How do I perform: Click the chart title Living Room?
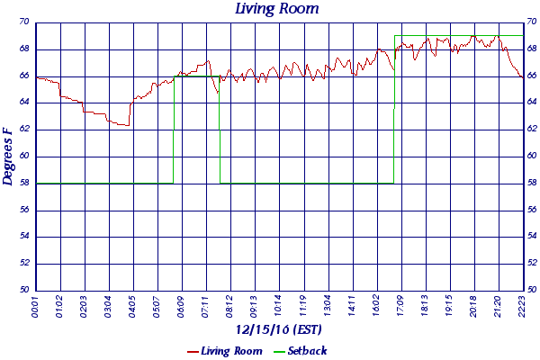[x=276, y=9]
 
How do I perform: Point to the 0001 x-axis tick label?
[x=37, y=307]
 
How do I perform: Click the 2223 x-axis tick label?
[x=523, y=307]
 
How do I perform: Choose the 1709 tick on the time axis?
[x=401, y=307]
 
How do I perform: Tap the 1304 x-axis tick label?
[x=328, y=307]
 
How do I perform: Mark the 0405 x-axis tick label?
[x=134, y=307]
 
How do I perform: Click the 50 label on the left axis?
[x=24, y=290]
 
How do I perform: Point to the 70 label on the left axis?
[x=24, y=22]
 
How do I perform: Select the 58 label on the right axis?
[x=532, y=183]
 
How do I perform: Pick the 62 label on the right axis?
[x=532, y=129]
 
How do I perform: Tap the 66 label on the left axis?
[x=24, y=76]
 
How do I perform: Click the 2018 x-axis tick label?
[x=474, y=307]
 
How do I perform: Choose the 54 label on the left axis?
[x=24, y=236]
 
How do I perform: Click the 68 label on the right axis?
[x=532, y=49]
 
